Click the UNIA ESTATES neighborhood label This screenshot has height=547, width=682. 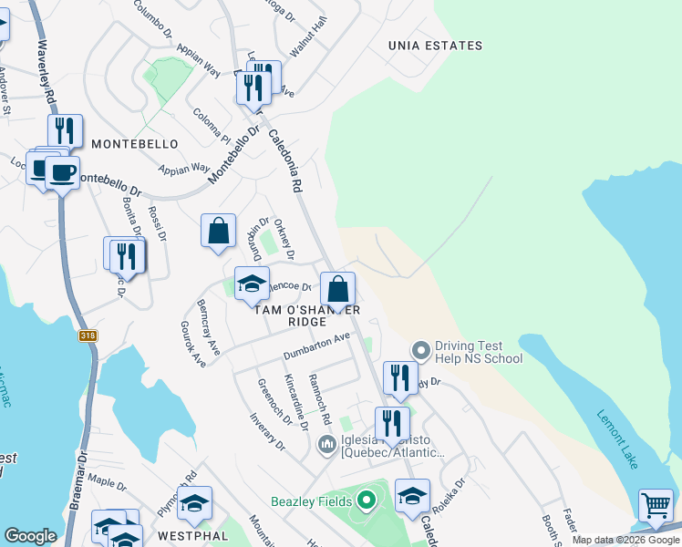point(435,46)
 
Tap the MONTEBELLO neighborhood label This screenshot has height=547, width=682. point(135,145)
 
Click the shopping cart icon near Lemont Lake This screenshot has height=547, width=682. point(656,506)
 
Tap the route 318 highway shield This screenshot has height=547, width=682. point(88,335)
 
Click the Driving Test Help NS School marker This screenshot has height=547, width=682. point(420,349)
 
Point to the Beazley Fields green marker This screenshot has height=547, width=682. point(366,501)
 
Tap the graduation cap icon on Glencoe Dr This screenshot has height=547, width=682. point(252,284)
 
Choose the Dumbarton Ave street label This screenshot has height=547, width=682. point(316,345)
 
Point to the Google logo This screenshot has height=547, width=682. point(30,536)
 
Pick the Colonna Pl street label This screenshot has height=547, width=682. point(212,126)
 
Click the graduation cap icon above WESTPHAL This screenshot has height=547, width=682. point(194,502)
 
